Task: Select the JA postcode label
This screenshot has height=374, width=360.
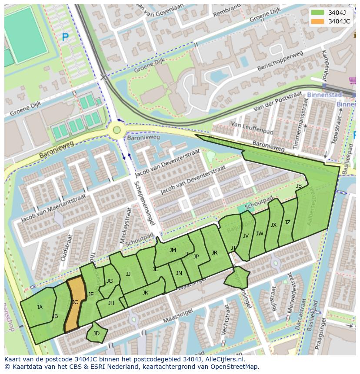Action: (40, 308)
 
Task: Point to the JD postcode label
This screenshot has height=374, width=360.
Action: (97, 334)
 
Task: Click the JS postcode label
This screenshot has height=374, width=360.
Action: (299, 186)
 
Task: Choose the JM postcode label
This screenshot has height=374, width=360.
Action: (173, 250)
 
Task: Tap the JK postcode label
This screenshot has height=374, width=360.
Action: (145, 293)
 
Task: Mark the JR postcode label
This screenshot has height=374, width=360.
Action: (214, 253)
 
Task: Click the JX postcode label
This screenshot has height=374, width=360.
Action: (273, 225)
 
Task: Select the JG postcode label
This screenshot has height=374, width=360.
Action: (110, 281)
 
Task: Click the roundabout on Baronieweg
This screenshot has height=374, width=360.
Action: (117, 129)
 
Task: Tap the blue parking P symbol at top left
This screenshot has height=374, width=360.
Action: (65, 38)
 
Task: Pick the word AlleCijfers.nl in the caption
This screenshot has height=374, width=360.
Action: (224, 360)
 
